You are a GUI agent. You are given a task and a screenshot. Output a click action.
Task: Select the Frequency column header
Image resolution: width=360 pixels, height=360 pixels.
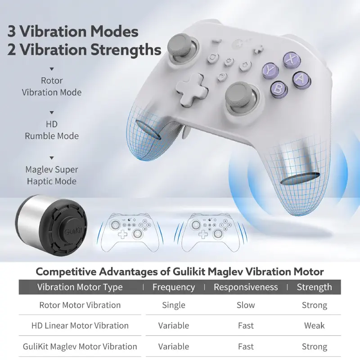click(x=173, y=287)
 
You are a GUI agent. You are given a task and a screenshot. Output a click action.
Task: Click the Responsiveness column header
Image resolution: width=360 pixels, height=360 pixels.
click(x=246, y=287)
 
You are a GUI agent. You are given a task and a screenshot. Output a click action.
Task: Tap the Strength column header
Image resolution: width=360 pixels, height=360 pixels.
click(x=314, y=287)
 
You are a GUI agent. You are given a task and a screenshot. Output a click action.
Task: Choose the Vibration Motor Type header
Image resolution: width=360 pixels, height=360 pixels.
click(x=80, y=287)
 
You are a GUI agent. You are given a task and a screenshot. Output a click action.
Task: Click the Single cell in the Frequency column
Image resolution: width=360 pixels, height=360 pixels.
click(x=173, y=305)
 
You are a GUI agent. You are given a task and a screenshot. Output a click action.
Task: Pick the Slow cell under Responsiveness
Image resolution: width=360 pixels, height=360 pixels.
click(x=246, y=305)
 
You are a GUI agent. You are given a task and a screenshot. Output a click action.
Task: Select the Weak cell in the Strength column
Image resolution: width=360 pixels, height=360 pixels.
click(x=314, y=325)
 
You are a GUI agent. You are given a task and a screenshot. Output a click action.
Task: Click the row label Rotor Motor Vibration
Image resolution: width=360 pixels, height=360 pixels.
click(x=80, y=305)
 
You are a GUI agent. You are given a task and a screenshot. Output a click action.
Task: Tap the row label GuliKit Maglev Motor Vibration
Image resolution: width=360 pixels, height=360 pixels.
click(x=80, y=346)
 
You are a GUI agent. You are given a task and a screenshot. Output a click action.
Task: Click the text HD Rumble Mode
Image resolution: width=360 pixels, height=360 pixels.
click(x=52, y=130)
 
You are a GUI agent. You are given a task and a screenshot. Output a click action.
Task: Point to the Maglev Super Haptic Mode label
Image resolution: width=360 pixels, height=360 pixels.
click(x=52, y=175)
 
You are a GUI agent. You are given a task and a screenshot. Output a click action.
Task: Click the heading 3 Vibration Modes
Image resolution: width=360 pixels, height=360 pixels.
click(x=72, y=32)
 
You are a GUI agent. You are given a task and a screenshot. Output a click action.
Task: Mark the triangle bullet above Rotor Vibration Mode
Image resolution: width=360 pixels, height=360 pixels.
click(x=52, y=69)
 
